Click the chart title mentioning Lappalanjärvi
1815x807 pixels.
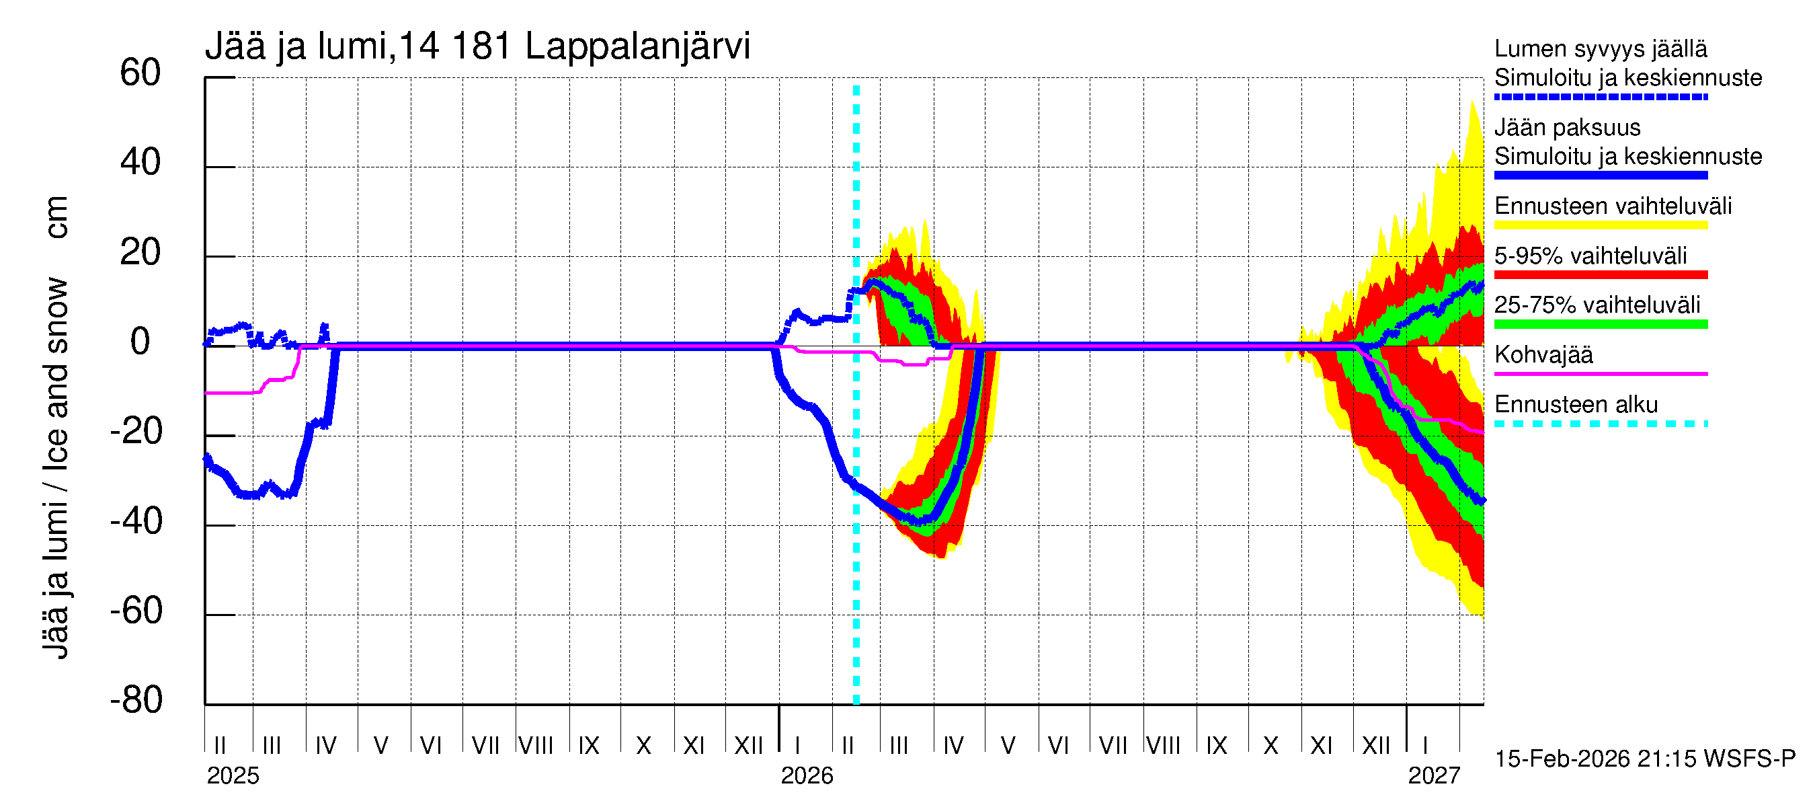[x=478, y=46]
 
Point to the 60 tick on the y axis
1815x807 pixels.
[x=140, y=73]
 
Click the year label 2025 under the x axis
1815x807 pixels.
[x=233, y=776]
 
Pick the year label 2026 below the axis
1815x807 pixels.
[x=807, y=776]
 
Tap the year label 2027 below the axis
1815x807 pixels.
[x=1434, y=776]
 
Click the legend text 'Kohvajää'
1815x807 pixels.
[x=1543, y=354]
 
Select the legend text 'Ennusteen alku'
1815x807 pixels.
[x=1576, y=405]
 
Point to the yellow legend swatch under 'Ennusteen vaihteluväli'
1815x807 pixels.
[x=1600, y=225]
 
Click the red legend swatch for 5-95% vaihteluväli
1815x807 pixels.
[x=1600, y=275]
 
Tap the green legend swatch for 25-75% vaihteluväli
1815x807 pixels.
[x=1600, y=324]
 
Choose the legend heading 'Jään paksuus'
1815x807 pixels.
[x=1567, y=128]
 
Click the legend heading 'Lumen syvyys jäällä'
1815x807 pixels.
[x=1600, y=48]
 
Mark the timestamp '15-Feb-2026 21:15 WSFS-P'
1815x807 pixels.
[x=1644, y=759]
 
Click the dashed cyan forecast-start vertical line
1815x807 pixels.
[x=856, y=494]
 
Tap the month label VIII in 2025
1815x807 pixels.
[x=536, y=746]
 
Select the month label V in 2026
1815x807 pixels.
[x=1008, y=746]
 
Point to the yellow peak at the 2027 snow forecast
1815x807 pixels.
[x=1472, y=104]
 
